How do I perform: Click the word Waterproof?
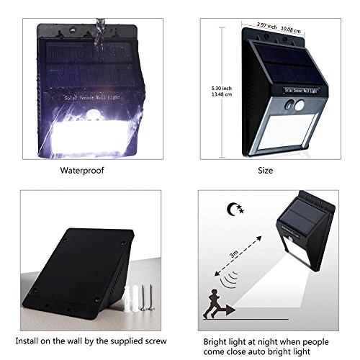click(x=82, y=171)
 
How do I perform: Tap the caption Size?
click(x=265, y=171)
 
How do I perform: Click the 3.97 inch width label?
click(x=266, y=25)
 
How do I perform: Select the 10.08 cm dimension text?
click(x=291, y=30)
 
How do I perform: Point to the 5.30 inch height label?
click(x=222, y=89)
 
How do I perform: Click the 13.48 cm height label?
click(x=222, y=94)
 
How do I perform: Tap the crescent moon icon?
click(x=233, y=210)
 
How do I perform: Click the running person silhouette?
click(x=212, y=304)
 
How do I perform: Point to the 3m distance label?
click(x=234, y=253)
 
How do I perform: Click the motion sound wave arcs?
click(x=229, y=279)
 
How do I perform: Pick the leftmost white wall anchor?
click(x=127, y=298)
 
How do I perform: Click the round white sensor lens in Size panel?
click(x=299, y=105)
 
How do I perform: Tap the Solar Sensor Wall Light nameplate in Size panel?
click(x=301, y=91)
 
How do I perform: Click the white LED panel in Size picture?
click(x=288, y=131)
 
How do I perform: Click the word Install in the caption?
click(x=27, y=341)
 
